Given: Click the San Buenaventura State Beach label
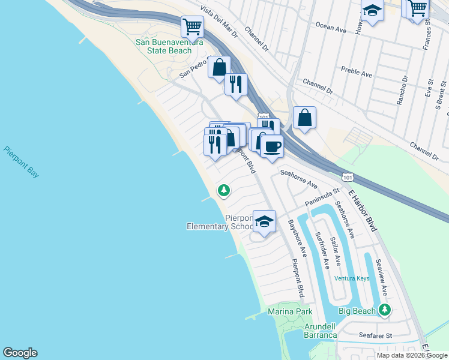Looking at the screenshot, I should coord(163,46).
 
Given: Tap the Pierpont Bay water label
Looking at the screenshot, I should coord(21,161).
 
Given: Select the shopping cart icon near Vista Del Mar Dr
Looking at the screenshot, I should coord(192,26).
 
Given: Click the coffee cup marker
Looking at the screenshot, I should coord(272,145).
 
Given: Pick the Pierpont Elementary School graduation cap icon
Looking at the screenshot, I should coord(264,221).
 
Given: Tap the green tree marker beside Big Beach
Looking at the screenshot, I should coord(385,310).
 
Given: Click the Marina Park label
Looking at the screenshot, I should coord(290,312).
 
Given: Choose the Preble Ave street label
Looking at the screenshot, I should coord(357,73).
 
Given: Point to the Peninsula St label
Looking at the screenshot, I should coord(322,197).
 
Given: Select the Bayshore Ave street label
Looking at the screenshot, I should coord(297,238).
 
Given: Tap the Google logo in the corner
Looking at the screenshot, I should coord(20,353).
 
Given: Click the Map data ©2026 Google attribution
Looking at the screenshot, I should coord(412,355).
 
